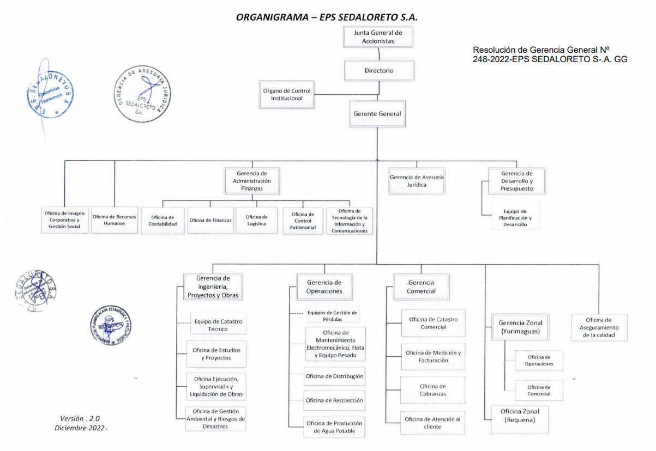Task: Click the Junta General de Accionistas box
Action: pos(377,37)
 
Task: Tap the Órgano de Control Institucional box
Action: pos(287,95)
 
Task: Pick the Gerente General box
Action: pos(377,114)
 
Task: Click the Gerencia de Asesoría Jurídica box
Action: pos(417,181)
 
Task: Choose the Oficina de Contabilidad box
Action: pos(163,221)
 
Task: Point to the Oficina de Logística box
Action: pos(257,221)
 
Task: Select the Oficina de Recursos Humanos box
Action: pos(115,220)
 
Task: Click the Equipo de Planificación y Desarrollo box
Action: pos(515,218)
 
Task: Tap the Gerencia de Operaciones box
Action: pos(324,287)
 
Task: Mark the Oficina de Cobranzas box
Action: pos(433,390)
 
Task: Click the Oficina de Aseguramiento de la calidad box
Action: pos(599,327)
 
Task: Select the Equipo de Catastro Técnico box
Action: pos(218,325)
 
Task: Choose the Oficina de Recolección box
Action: pos(334,400)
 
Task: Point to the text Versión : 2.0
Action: pos(80,418)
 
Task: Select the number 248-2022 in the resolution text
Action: pos(491,59)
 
